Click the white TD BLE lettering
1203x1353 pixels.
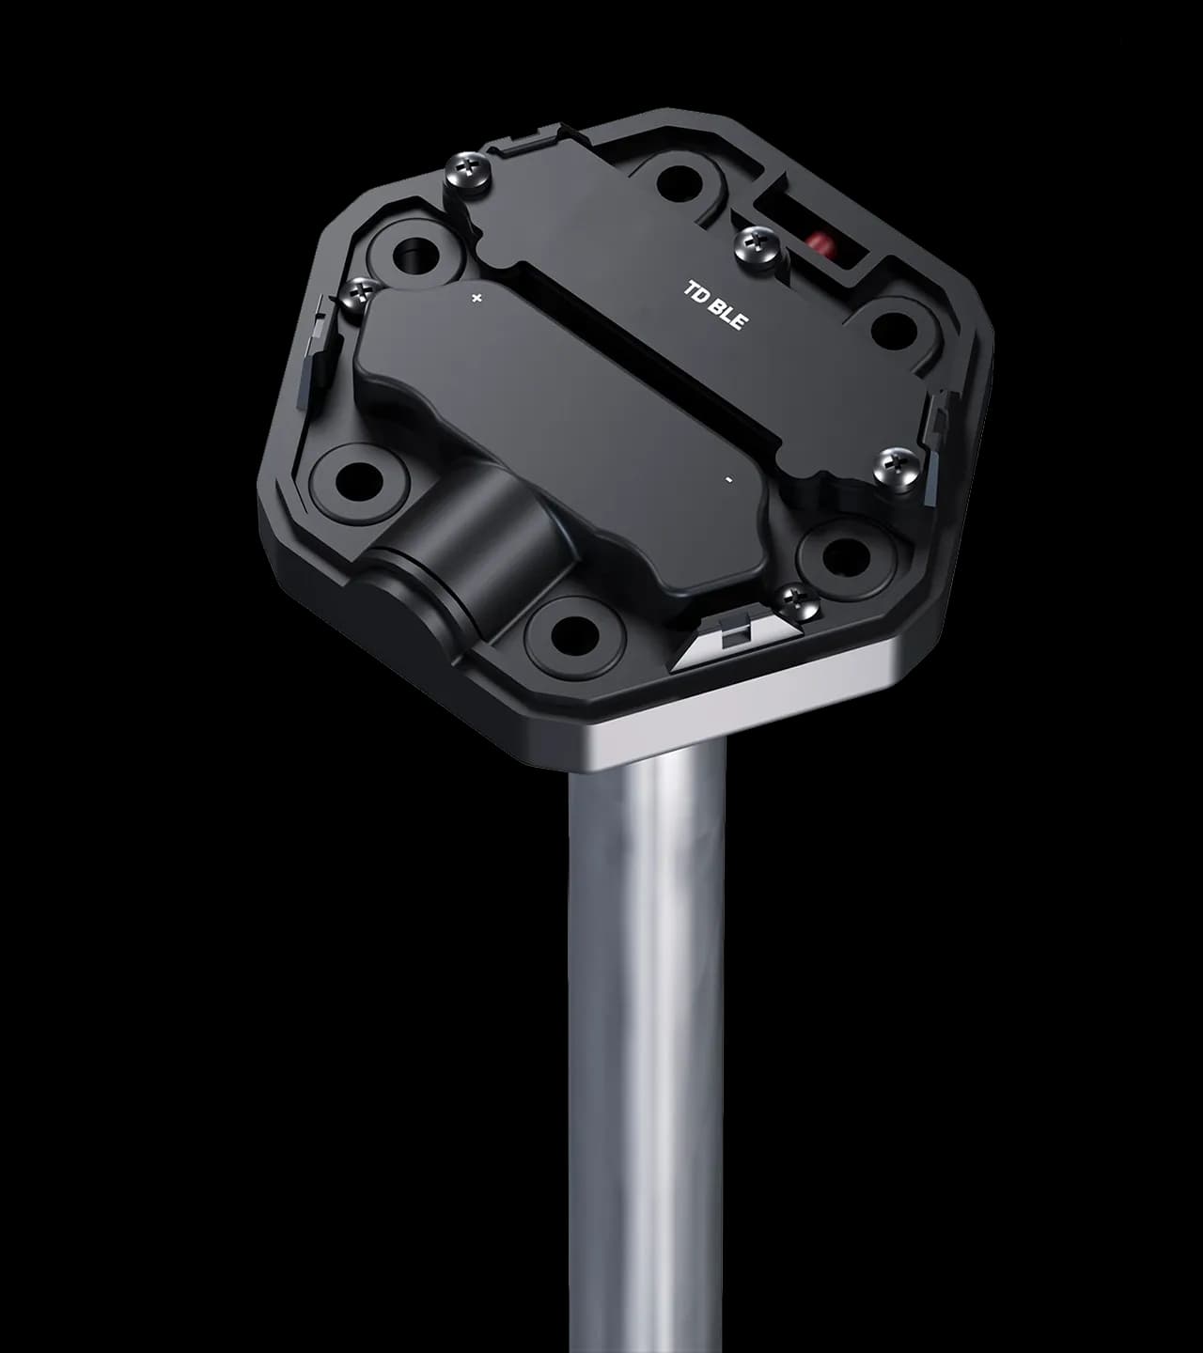coord(715,305)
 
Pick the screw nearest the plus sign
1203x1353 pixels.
coord(359,292)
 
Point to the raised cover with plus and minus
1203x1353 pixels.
coord(564,423)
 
